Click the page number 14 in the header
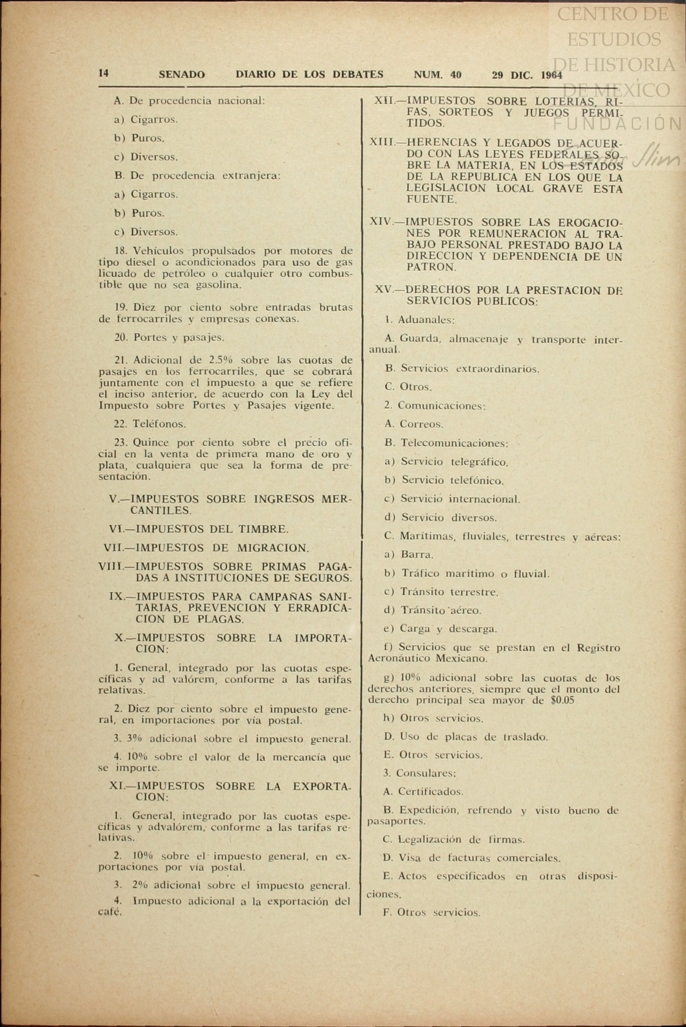(104, 73)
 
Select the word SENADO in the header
(182, 75)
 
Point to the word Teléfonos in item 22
(159, 424)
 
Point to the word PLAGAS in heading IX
(220, 619)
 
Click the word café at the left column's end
(110, 912)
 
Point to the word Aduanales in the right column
(426, 320)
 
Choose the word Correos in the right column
(421, 424)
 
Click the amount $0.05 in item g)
(562, 700)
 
